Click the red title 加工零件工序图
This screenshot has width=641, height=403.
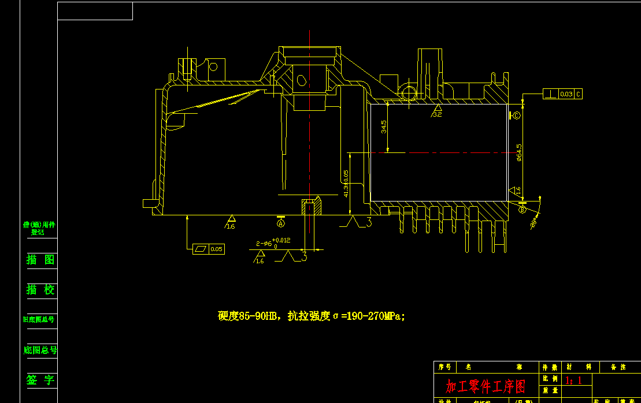(486, 386)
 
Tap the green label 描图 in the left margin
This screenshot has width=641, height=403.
(40, 260)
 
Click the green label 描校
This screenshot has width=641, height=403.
(40, 290)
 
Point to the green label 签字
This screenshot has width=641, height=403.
(40, 380)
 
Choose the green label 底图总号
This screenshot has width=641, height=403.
(40, 350)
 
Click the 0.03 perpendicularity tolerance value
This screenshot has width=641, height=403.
(566, 94)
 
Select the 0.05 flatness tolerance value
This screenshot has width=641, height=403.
(216, 249)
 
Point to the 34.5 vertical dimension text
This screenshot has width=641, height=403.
(384, 126)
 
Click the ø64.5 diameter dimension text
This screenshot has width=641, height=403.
(518, 152)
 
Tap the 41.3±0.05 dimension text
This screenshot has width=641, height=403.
(346, 184)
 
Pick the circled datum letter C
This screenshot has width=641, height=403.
(516, 116)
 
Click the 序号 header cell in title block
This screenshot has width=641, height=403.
(444, 367)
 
